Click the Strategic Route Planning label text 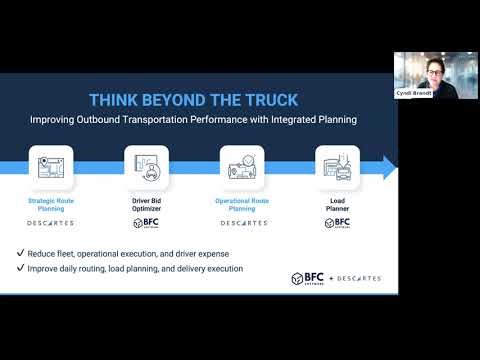click(x=51, y=204)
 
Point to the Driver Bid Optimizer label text click(x=144, y=204)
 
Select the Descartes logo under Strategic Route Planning click(x=51, y=224)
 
